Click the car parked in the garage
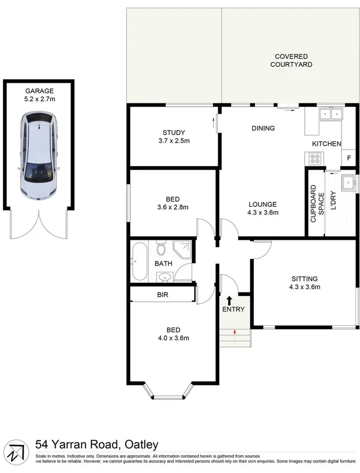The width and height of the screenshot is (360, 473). [x=39, y=155]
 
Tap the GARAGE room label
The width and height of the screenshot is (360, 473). [x=39, y=91]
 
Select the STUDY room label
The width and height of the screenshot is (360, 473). [x=173, y=133]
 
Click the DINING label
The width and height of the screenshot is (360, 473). [x=263, y=128]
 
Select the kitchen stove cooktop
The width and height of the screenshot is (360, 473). [x=315, y=157]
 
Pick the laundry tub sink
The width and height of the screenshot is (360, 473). [x=347, y=183]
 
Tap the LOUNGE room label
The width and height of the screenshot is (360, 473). [x=263, y=204]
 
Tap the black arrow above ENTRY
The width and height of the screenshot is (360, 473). [x=230, y=300]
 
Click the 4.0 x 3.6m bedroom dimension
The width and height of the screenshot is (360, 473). [x=173, y=338]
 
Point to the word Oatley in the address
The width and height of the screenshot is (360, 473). [x=140, y=444]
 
